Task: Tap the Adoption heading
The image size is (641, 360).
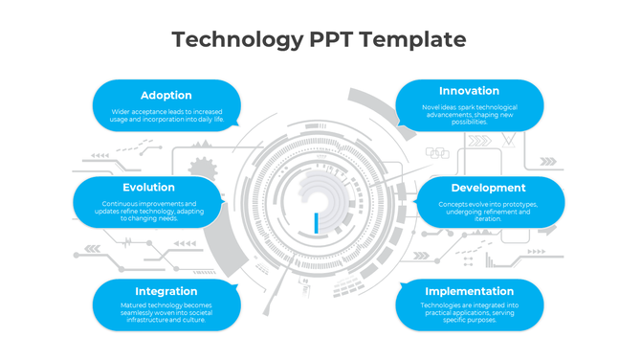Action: [166, 96]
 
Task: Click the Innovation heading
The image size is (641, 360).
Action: [469, 91]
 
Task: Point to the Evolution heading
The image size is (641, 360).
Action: [148, 188]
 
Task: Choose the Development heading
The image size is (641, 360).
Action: [488, 188]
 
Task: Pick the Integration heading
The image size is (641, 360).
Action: [166, 291]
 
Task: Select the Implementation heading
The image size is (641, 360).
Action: [469, 291]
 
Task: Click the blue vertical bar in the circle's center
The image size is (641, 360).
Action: [315, 223]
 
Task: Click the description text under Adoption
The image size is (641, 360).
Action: [166, 116]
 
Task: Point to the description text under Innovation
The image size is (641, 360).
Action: [469, 114]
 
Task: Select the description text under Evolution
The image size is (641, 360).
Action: [148, 211]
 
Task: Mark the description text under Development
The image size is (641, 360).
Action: [488, 211]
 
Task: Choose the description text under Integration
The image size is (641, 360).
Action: [166, 312]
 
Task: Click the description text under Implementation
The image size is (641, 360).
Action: [469, 312]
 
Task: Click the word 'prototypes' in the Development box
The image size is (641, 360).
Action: [518, 204]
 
